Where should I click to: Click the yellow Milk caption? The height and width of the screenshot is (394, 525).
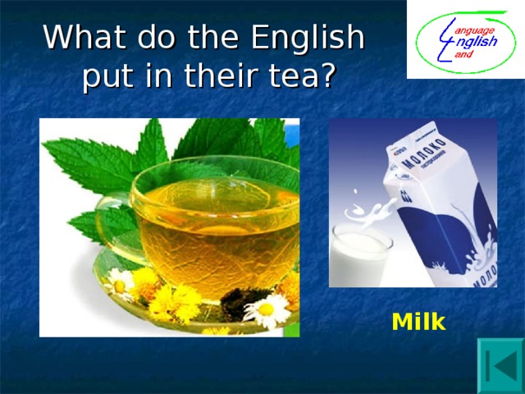tap(418, 323)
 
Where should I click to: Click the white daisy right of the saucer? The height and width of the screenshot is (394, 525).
tap(267, 310)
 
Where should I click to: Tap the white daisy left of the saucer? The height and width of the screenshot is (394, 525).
tap(121, 284)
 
